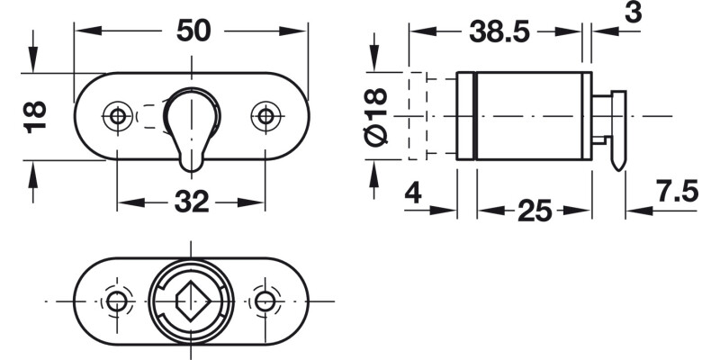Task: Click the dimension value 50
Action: click(x=193, y=30)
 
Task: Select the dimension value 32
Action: click(x=191, y=202)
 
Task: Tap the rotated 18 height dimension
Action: click(x=34, y=116)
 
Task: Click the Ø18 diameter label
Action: click(x=377, y=116)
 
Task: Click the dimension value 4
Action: click(x=412, y=191)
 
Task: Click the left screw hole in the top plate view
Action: click(x=116, y=115)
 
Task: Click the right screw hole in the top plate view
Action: click(x=265, y=115)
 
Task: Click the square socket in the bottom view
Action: click(x=191, y=300)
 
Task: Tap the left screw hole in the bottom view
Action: click(x=116, y=301)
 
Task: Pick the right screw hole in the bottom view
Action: click(x=265, y=301)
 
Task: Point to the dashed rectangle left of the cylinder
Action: click(x=418, y=115)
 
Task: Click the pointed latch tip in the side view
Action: click(x=618, y=162)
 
